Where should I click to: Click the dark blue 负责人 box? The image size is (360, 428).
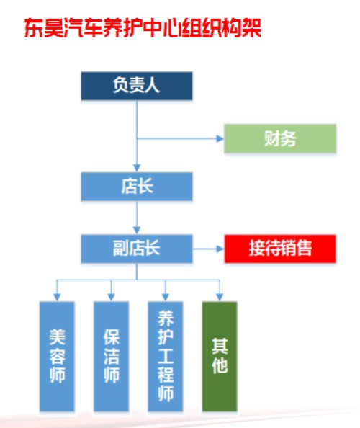(x=137, y=86)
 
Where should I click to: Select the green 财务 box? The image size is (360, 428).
(x=280, y=138)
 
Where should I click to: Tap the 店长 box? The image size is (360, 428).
(x=137, y=187)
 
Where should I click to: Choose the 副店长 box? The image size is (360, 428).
(x=137, y=249)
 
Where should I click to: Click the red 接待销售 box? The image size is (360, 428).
(x=280, y=249)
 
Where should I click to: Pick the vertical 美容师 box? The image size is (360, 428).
(x=57, y=356)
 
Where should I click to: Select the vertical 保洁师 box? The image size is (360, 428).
(x=112, y=356)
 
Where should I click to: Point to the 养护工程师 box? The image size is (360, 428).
(x=166, y=356)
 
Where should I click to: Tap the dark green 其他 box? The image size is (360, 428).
(x=220, y=356)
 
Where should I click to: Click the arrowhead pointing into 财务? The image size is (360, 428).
(x=220, y=138)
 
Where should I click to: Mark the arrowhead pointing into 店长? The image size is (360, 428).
(x=137, y=168)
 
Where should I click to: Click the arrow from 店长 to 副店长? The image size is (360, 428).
(x=137, y=218)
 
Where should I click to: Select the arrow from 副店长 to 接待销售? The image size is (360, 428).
(x=208, y=249)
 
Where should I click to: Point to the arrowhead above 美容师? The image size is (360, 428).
(x=57, y=298)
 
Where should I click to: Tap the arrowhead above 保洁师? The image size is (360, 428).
(x=112, y=298)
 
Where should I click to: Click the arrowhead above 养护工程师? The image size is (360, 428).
(x=166, y=298)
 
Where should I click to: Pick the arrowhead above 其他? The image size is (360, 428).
(x=220, y=298)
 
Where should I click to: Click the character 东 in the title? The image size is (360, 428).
(x=34, y=28)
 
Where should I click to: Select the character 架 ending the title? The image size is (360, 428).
(x=251, y=28)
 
